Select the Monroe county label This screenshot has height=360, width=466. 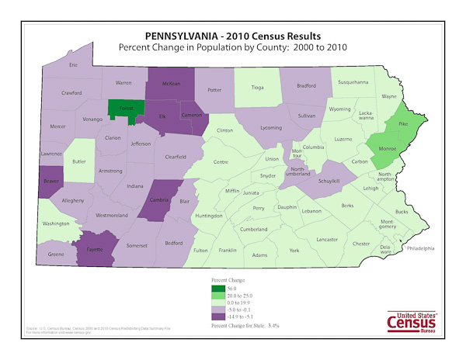coord(387,147)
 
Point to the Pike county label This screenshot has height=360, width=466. coord(402,123)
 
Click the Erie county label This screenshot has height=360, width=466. coord(74,66)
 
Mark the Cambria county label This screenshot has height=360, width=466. coord(159,198)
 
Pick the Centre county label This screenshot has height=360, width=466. coord(221,162)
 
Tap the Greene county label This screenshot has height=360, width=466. coord(56,254)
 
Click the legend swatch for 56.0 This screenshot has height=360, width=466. coord(217,288)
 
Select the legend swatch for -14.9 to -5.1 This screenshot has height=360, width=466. coord(217,317)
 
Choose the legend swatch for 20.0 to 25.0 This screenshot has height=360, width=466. coord(217,296)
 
